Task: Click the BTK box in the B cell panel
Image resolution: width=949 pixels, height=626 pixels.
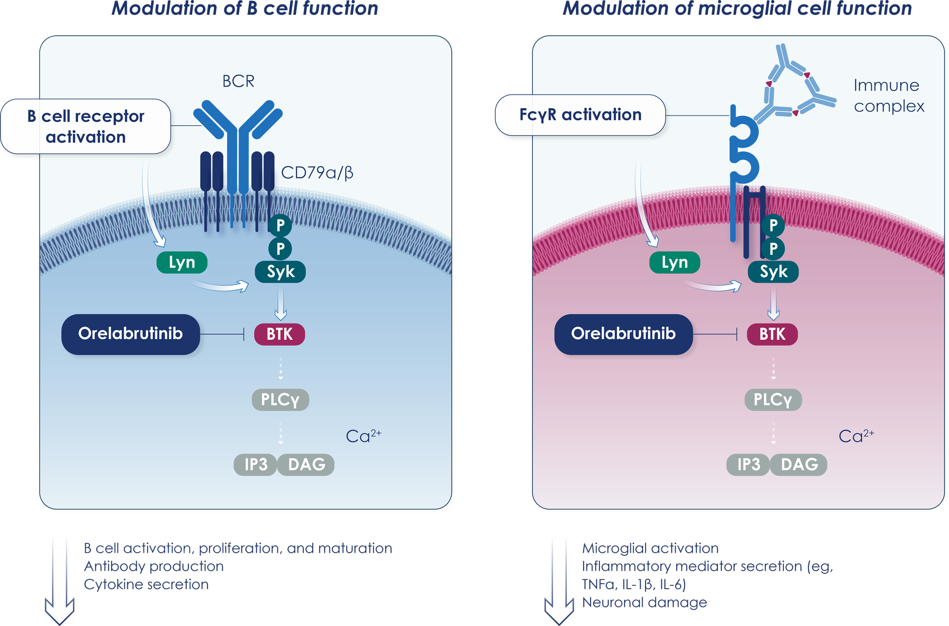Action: [279, 334]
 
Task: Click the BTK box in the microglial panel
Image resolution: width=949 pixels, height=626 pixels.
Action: [772, 334]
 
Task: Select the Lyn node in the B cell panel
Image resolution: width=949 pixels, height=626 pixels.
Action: [181, 263]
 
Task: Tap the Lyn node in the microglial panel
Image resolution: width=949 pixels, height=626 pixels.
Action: [674, 263]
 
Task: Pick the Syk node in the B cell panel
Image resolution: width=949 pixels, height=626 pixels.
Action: [280, 272]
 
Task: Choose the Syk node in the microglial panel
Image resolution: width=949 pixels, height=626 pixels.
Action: [773, 272]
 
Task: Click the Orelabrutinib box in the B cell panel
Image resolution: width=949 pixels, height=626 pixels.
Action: [130, 334]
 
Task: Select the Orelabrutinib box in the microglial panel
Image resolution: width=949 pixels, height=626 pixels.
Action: [623, 334]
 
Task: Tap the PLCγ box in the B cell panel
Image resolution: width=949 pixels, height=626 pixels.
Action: [280, 400]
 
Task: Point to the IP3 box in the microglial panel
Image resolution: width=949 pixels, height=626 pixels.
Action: [748, 465]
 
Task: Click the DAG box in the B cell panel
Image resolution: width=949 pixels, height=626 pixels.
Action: [306, 465]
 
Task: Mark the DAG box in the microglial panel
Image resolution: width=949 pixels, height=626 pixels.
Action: [799, 465]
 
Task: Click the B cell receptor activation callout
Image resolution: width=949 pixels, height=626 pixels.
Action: [86, 126]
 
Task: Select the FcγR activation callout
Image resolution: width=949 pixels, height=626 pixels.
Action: [580, 115]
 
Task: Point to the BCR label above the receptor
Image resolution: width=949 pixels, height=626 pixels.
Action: [238, 81]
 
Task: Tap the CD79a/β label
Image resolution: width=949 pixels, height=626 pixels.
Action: [317, 173]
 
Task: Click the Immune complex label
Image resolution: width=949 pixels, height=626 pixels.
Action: [889, 96]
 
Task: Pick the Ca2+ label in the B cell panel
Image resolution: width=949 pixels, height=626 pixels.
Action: [363, 436]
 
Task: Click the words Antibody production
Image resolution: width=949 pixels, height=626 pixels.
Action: [154, 566]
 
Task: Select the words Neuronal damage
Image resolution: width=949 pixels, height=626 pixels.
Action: [644, 602]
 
